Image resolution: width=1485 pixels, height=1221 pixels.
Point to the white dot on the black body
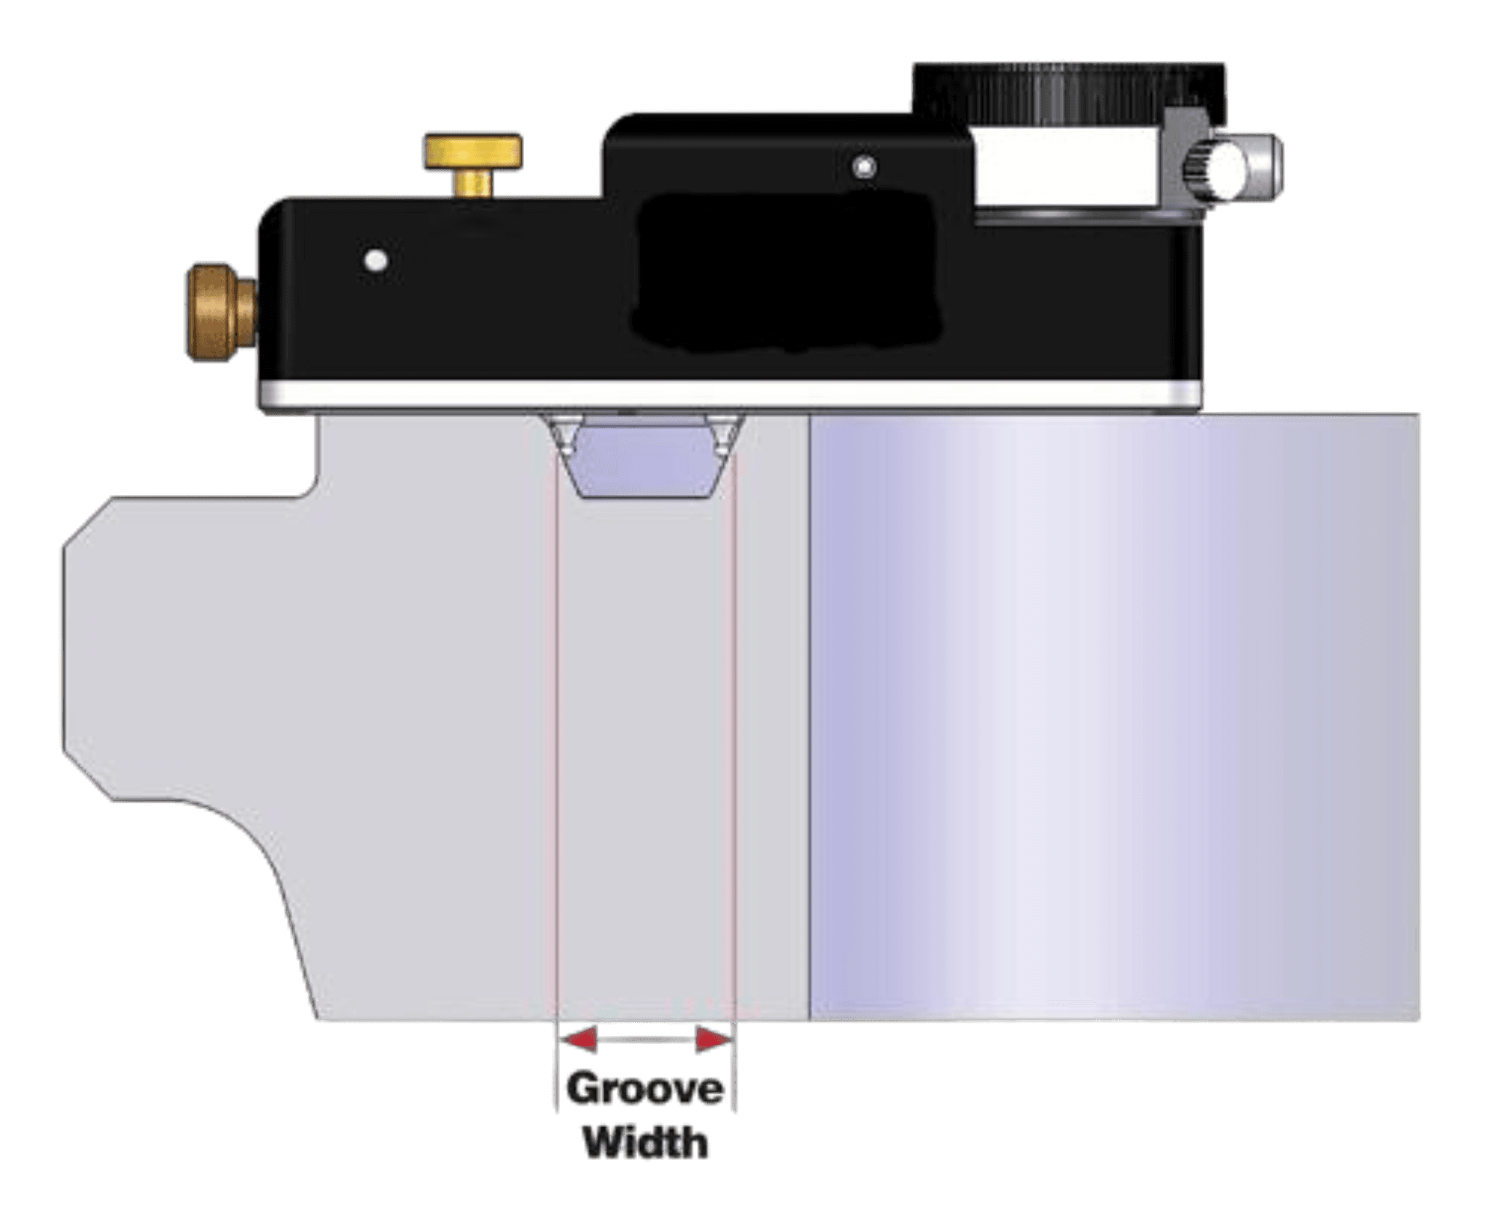tap(377, 260)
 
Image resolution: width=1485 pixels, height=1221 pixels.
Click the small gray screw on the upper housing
tap(865, 168)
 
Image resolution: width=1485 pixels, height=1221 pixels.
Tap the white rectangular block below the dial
tap(1068, 166)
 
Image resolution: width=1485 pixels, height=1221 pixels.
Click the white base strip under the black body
tap(729, 395)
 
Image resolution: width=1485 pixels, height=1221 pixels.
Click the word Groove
tap(646, 1089)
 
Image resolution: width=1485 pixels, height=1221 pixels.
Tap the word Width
tap(647, 1142)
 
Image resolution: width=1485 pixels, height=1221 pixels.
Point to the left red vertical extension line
tap(556, 729)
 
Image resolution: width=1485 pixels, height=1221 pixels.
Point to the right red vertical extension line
tap(735, 729)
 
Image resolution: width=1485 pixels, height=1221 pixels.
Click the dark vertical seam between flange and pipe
tap(810, 729)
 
